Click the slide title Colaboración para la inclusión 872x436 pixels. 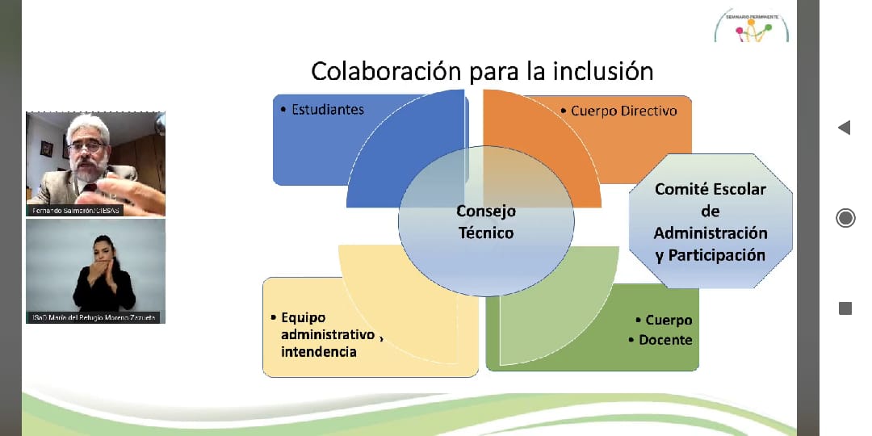[482, 71]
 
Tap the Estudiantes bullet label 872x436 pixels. [327, 109]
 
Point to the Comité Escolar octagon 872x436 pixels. [710, 221]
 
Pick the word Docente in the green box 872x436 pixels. [665, 340]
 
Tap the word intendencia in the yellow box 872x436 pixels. [318, 351]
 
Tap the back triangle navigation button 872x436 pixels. [845, 128]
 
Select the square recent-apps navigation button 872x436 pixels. [845, 308]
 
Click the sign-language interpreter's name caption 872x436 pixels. [95, 317]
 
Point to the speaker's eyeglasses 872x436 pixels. [87, 147]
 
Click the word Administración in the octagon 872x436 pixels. [711, 233]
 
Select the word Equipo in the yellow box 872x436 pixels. [304, 317]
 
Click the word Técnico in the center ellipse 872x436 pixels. [486, 233]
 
